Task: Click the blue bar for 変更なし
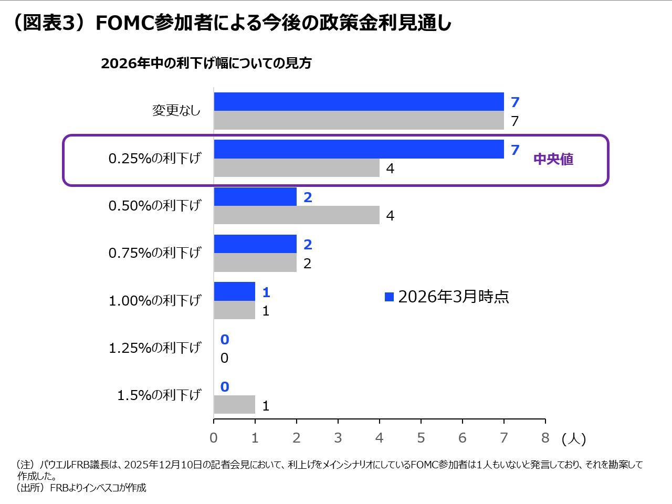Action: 359,102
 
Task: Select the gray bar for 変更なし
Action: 359,120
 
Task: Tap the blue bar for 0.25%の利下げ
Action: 359,149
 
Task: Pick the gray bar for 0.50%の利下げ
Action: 297,215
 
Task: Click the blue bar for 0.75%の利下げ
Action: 255,244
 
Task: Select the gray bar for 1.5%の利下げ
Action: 234,405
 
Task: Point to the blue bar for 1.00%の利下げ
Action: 234,291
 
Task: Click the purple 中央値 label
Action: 553,159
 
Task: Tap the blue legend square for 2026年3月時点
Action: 389,297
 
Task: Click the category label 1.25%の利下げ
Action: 155,348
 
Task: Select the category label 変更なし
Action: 176,110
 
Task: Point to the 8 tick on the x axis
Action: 545,438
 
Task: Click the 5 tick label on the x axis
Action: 421,438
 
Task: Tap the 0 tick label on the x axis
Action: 214,438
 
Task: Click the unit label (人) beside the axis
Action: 573,438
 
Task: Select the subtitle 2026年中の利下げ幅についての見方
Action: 206,63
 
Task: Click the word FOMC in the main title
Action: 125,23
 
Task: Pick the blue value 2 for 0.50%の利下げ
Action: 308,197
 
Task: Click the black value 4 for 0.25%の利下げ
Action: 390,169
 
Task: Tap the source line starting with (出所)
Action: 81,488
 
